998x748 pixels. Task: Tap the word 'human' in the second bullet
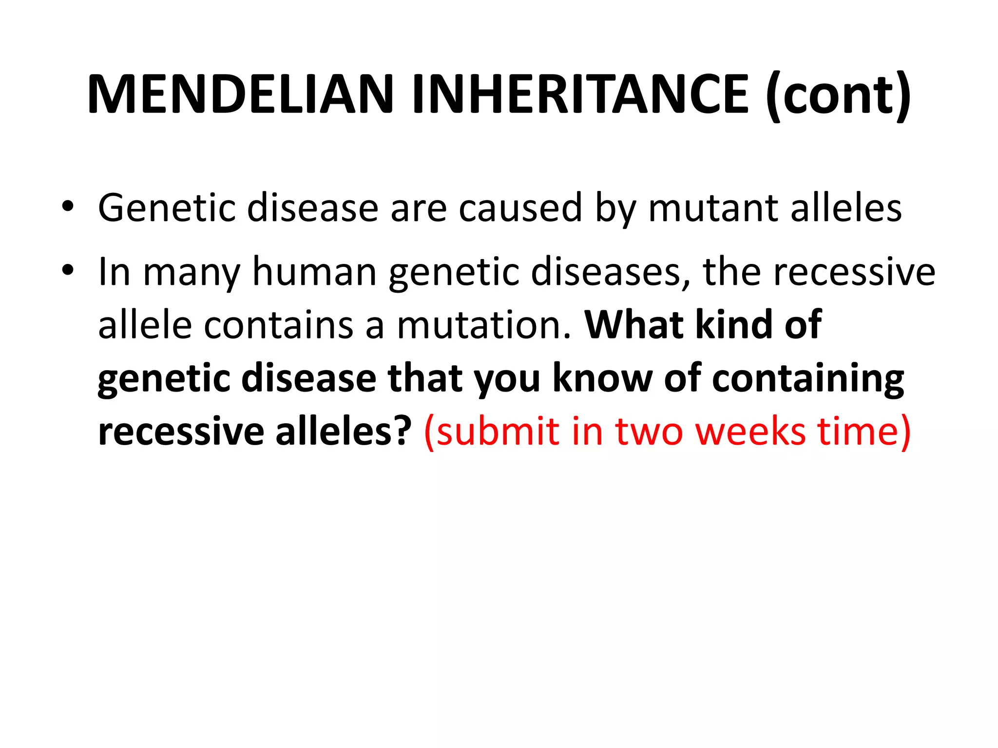(314, 272)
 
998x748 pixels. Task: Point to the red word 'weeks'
(750, 431)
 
